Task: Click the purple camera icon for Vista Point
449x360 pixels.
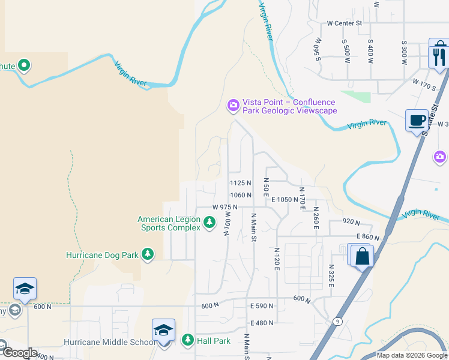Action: click(232, 106)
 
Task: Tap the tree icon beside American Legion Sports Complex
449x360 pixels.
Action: click(209, 223)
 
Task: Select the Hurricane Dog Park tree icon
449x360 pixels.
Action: click(148, 254)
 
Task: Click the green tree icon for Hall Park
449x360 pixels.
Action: click(187, 341)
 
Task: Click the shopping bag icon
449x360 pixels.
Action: click(363, 257)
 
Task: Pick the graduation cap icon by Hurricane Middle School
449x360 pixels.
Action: click(163, 331)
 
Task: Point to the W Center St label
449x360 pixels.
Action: click(345, 23)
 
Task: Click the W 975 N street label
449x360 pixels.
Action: click(225, 207)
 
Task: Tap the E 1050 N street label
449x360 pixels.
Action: click(285, 199)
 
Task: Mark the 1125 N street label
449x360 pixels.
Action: click(240, 182)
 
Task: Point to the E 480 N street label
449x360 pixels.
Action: click(262, 323)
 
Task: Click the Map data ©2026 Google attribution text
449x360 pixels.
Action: click(412, 355)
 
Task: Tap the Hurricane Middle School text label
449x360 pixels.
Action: click(109, 342)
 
